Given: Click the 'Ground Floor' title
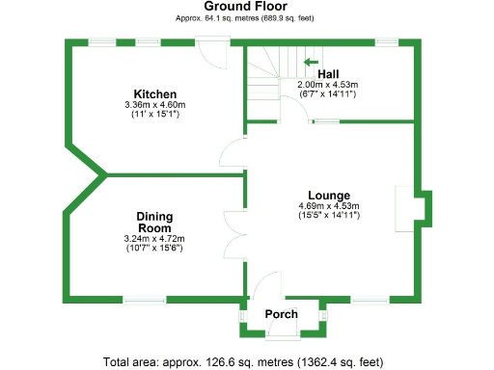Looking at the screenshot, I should click(246, 7).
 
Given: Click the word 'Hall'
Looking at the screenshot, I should click(328, 74).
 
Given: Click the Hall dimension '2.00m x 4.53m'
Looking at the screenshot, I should click(328, 85).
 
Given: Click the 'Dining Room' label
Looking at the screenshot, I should click(153, 222).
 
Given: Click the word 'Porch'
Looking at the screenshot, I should click(282, 314).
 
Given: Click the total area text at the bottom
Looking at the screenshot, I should click(246, 361).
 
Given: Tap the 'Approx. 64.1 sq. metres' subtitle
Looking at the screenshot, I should click(246, 18).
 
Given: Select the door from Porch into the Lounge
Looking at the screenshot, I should click(262, 290).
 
